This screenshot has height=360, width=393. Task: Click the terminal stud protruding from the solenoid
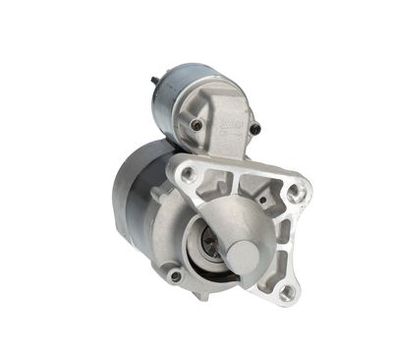[154, 82]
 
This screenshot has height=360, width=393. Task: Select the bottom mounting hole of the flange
[286, 291]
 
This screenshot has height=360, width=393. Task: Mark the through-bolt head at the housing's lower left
[176, 276]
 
